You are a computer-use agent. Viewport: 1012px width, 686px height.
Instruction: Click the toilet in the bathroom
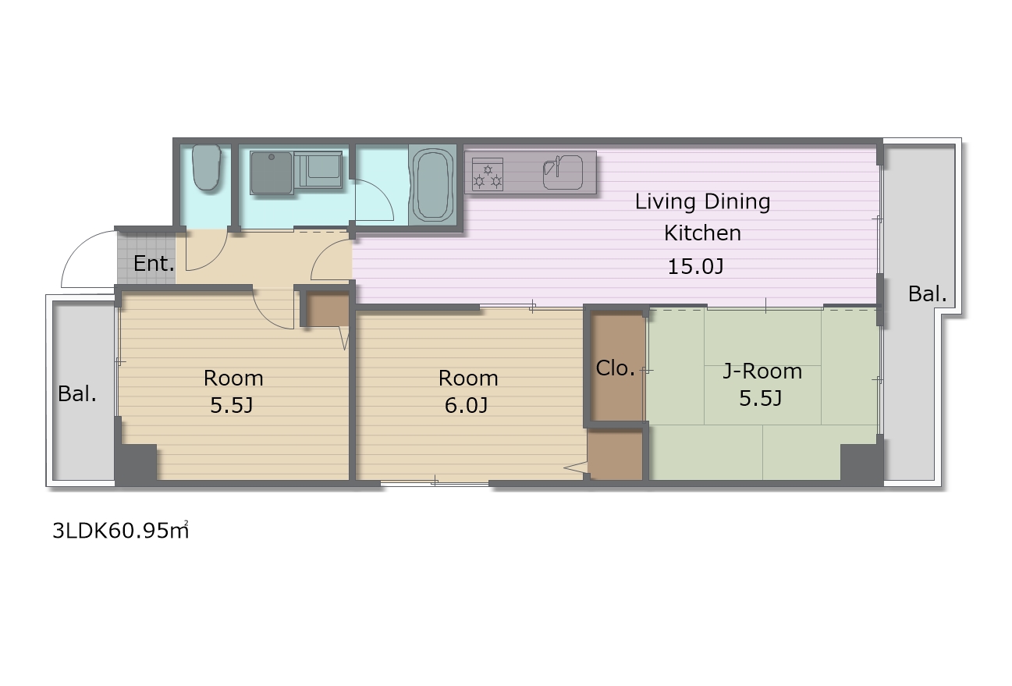pos(207,167)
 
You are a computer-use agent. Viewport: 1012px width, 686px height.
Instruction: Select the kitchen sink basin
pos(563,172)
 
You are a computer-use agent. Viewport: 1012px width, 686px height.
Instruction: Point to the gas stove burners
pos(488,175)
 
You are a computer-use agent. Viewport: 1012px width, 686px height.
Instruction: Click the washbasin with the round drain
pos(272,173)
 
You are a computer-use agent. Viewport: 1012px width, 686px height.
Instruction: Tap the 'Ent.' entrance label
pos(154,264)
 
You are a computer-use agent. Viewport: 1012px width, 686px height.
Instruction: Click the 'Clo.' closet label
pos(616,368)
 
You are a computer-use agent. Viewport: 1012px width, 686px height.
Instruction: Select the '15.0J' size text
pos(695,267)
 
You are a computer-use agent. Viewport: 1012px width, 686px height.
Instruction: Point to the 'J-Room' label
pos(762,371)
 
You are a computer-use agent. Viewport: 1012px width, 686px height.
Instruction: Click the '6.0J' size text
pos(467,405)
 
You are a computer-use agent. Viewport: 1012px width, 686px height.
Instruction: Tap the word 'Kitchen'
pos(702,233)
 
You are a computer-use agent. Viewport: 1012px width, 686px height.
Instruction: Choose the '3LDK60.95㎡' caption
pos(121,530)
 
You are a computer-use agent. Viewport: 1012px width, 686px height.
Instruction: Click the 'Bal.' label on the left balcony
pos(77,394)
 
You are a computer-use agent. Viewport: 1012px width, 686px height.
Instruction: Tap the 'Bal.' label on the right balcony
pos(927,294)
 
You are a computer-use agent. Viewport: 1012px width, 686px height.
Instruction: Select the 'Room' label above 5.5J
pos(233,379)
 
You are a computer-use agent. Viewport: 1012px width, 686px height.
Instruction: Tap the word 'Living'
pos(665,201)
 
